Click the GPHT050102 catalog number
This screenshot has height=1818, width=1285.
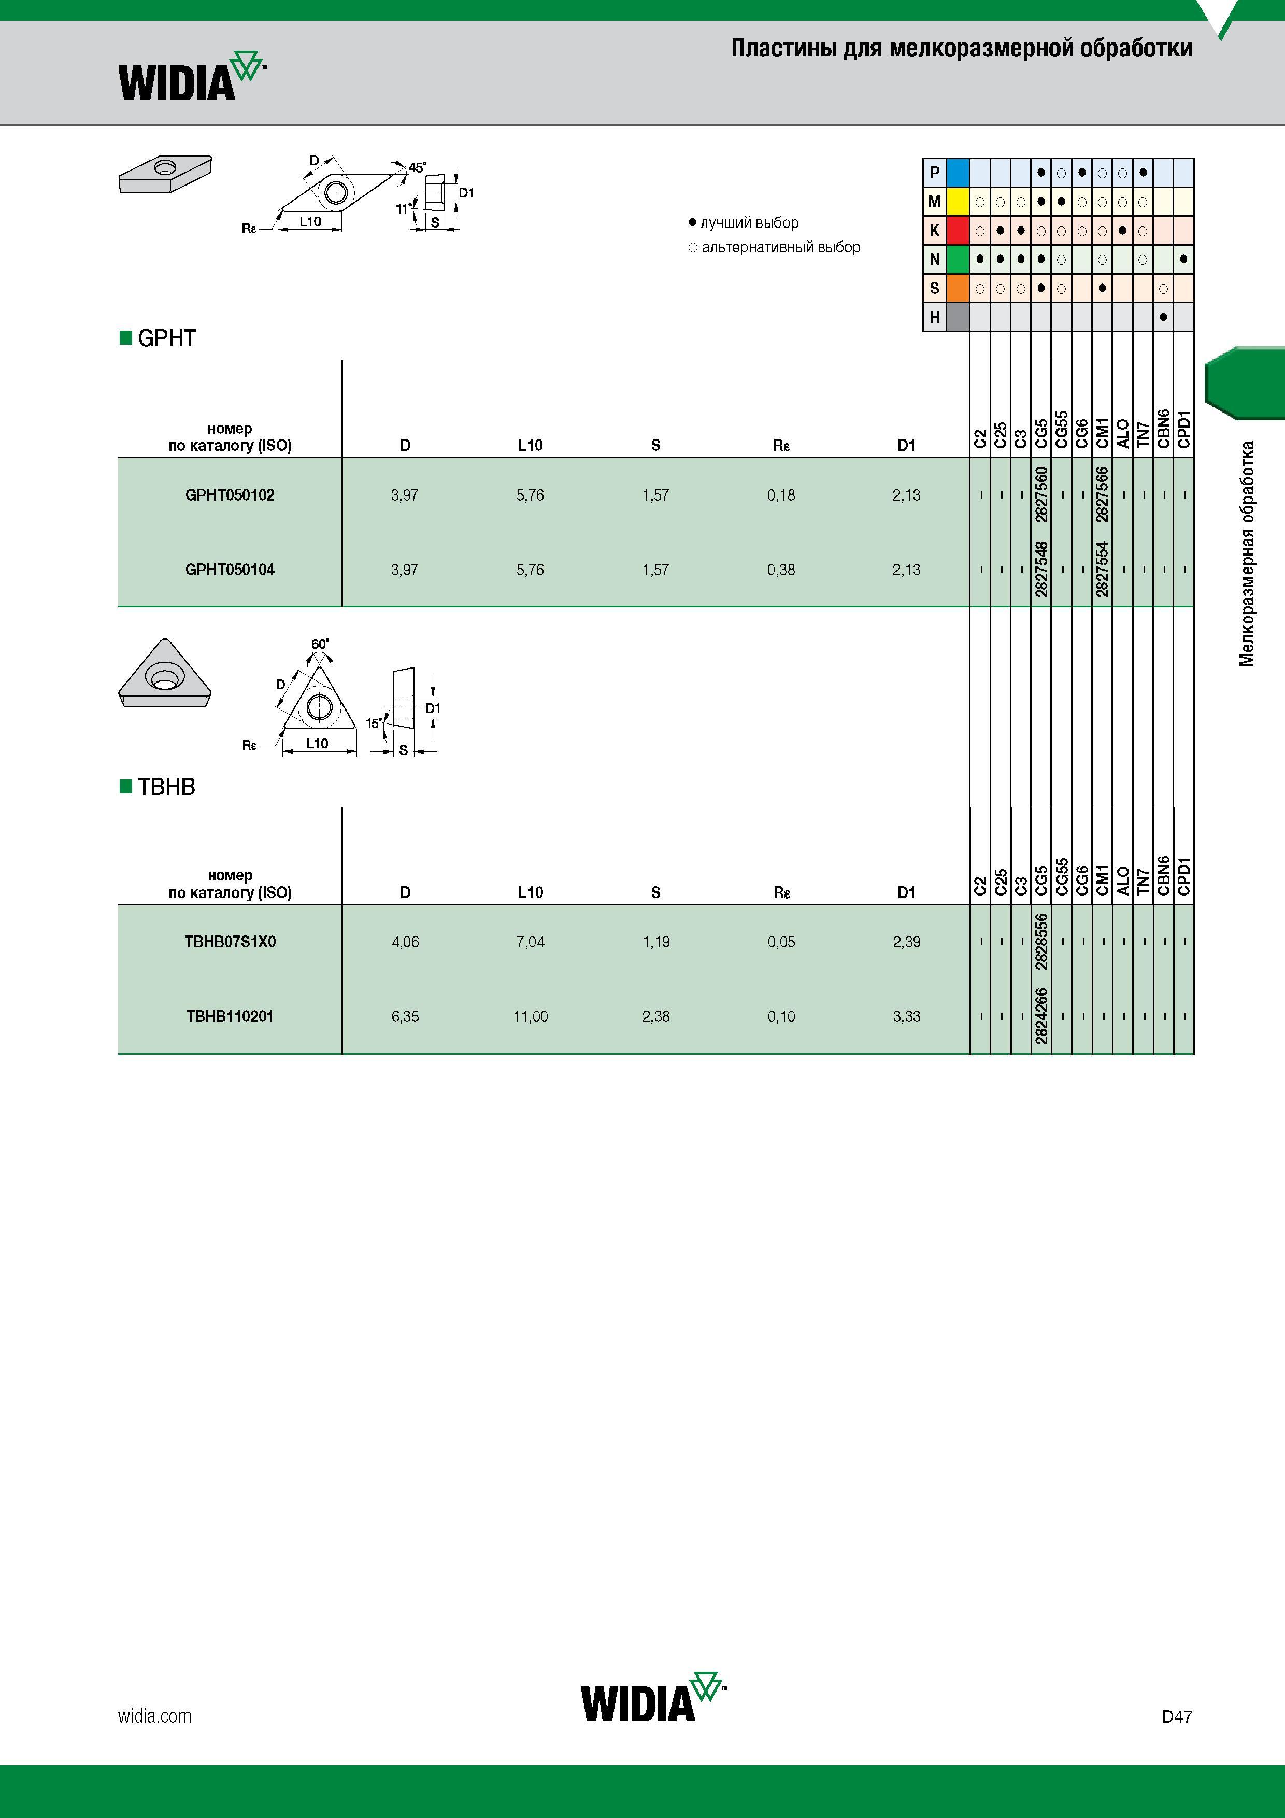pos(230,495)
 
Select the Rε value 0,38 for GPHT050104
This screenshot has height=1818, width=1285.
pos(781,570)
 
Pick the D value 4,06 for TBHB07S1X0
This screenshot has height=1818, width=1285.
pos(405,942)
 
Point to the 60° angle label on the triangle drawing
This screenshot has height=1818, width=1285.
pos(320,644)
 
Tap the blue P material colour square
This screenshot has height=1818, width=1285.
pos(958,173)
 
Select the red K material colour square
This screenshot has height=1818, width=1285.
pos(958,231)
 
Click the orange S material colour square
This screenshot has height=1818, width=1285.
pos(958,288)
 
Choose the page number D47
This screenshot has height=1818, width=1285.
pos(1177,1716)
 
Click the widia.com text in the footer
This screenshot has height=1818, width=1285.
pos(154,1716)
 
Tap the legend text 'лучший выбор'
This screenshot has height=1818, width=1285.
pos(749,222)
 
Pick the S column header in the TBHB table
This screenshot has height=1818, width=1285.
pos(655,892)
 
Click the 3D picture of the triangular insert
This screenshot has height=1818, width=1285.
pos(165,673)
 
